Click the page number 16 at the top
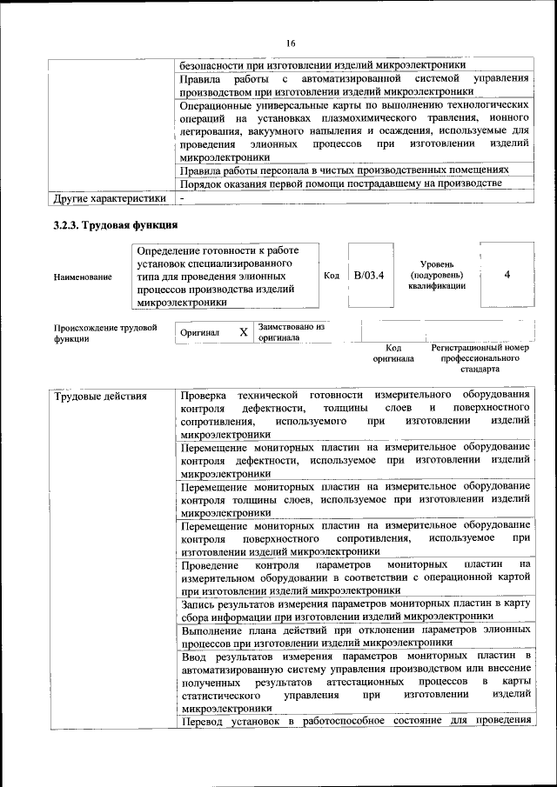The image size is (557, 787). coord(291,43)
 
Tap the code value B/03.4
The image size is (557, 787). coord(368,276)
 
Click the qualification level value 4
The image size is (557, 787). coord(507,276)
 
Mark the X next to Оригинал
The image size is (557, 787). coord(243,332)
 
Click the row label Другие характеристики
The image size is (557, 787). coord(109,198)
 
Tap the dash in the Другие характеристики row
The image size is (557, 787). coord(183,198)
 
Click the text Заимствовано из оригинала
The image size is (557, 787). coord(290,332)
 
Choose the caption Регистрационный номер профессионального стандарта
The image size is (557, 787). coord(480,357)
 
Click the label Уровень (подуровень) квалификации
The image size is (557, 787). coord(436,275)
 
